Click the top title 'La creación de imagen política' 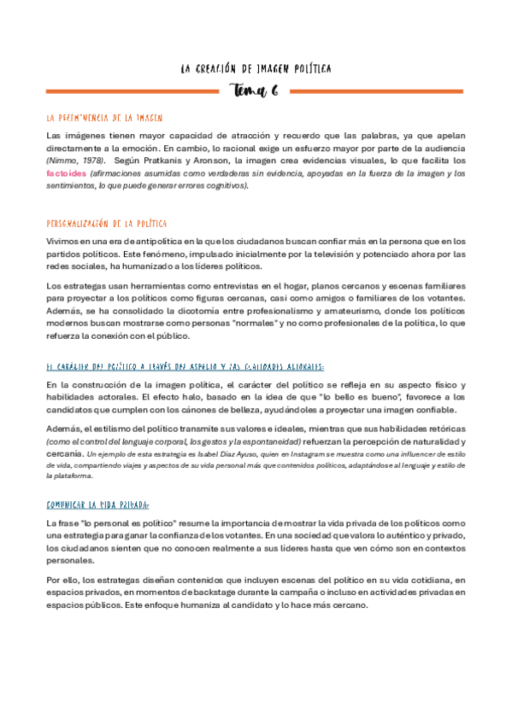coord(256,67)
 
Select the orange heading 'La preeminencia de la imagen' coord(104,118)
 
